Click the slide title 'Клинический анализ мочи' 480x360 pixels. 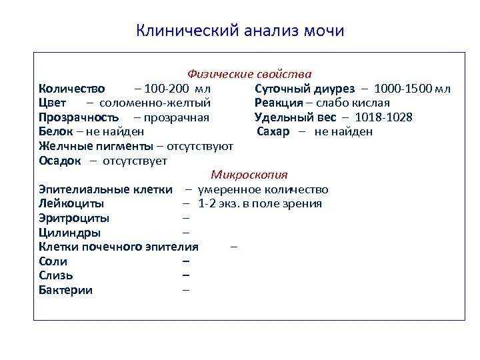click(x=240, y=31)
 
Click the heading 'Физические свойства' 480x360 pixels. click(x=249, y=74)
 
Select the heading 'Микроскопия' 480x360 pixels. click(x=249, y=175)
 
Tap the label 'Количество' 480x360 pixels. click(x=71, y=89)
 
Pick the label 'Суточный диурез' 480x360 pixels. click(x=304, y=89)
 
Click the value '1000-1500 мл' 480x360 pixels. click(x=412, y=89)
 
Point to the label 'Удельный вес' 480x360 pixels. click(x=295, y=118)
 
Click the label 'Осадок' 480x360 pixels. click(x=60, y=161)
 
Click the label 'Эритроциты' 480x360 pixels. click(x=74, y=219)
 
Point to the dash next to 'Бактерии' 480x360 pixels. click(x=186, y=291)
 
